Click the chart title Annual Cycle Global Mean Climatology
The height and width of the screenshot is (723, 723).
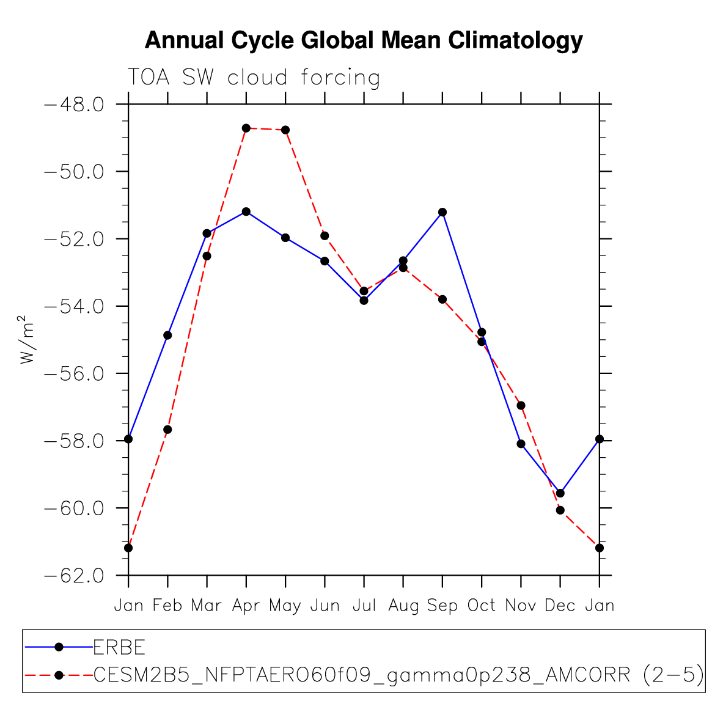pyautogui.click(x=364, y=41)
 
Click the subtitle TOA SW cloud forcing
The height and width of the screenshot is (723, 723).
pyautogui.click(x=254, y=78)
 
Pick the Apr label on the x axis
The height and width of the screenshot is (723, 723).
pyautogui.click(x=246, y=606)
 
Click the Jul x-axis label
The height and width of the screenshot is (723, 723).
pyautogui.click(x=364, y=606)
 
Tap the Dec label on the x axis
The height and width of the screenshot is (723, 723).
pyautogui.click(x=560, y=606)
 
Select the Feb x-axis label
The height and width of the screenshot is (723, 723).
pyautogui.click(x=167, y=606)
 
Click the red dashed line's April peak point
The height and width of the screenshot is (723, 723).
pyautogui.click(x=246, y=128)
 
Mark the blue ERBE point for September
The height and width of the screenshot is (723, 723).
pyautogui.click(x=442, y=212)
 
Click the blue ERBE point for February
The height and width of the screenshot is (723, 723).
pyautogui.click(x=167, y=335)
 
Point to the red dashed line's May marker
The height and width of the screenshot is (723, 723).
pyautogui.click(x=285, y=130)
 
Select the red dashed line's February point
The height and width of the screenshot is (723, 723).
pyautogui.click(x=167, y=430)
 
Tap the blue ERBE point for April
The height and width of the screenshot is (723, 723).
pyautogui.click(x=246, y=211)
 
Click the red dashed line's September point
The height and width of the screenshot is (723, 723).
pyautogui.click(x=442, y=299)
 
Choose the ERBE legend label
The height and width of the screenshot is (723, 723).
pyautogui.click(x=119, y=647)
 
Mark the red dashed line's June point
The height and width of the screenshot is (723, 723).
pyautogui.click(x=325, y=235)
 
